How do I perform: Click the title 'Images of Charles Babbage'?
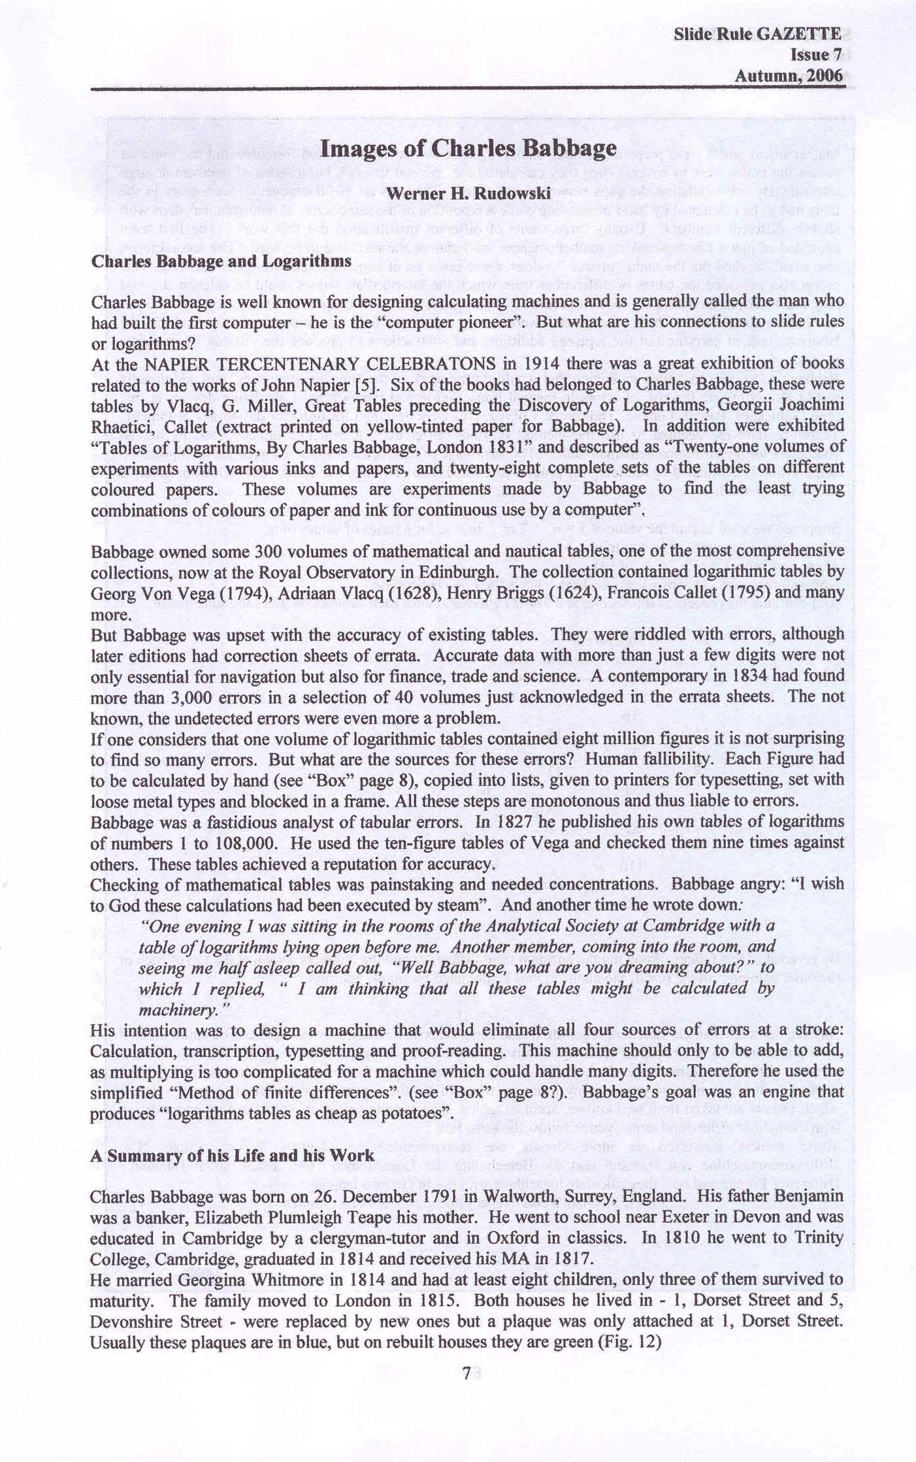(x=468, y=149)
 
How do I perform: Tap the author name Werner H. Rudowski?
(x=468, y=193)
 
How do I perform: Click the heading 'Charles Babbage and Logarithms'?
(x=221, y=261)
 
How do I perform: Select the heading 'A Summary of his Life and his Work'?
(x=233, y=1156)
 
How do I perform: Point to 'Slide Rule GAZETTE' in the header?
(x=757, y=35)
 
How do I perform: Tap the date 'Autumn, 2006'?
(x=789, y=76)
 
